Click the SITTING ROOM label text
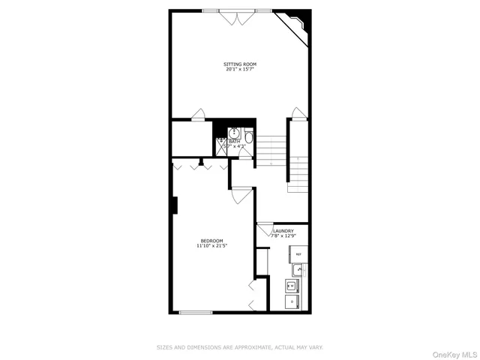pyautogui.click(x=240, y=64)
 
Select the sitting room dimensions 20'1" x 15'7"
pyautogui.click(x=240, y=70)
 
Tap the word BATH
pyautogui.click(x=235, y=140)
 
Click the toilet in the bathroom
pyautogui.click(x=248, y=137)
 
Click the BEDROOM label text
pyautogui.click(x=211, y=240)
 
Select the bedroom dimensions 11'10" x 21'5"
pyautogui.click(x=211, y=245)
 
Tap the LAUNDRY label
pyautogui.click(x=283, y=231)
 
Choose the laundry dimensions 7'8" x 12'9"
pyautogui.click(x=283, y=236)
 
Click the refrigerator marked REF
pyautogui.click(x=298, y=255)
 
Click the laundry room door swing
pyautogui.click(x=264, y=229)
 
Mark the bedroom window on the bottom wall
pyautogui.click(x=196, y=312)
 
